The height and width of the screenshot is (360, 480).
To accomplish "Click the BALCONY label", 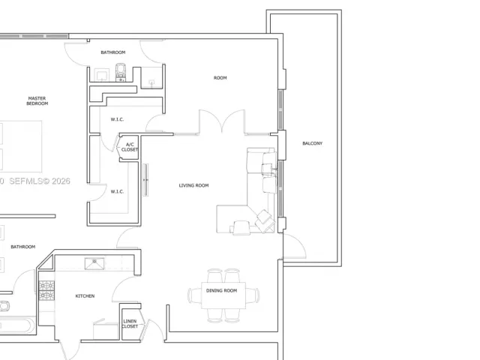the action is (x=312, y=143).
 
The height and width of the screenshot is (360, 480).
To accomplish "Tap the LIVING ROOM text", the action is (x=193, y=185).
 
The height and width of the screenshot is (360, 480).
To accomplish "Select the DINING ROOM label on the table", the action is (x=222, y=290).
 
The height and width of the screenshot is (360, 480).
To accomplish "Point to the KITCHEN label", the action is (x=85, y=296).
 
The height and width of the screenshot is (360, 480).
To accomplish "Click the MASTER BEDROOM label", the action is (x=37, y=101).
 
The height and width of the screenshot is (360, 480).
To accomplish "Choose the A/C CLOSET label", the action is (x=130, y=147).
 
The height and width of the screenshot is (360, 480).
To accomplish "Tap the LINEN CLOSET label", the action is (x=130, y=323).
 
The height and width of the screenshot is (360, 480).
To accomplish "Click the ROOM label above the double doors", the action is (x=220, y=78).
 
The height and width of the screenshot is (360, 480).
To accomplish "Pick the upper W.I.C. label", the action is (x=117, y=119).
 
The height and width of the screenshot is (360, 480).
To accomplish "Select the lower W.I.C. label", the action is (x=117, y=192).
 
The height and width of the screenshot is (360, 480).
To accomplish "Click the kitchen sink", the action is (x=94, y=264).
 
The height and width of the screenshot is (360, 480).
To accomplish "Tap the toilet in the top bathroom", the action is (x=121, y=72).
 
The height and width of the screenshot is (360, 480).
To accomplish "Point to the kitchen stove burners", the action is (x=46, y=290).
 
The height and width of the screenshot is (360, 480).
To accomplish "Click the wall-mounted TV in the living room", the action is (x=145, y=180).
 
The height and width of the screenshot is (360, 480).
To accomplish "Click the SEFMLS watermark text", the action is (x=40, y=181).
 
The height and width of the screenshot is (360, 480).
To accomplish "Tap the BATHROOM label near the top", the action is (x=113, y=52).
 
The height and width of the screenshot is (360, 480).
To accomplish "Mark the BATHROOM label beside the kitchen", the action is (x=23, y=247).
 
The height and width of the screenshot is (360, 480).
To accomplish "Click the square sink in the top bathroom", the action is (x=102, y=75).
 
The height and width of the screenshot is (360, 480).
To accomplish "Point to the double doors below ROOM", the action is (x=222, y=121).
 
